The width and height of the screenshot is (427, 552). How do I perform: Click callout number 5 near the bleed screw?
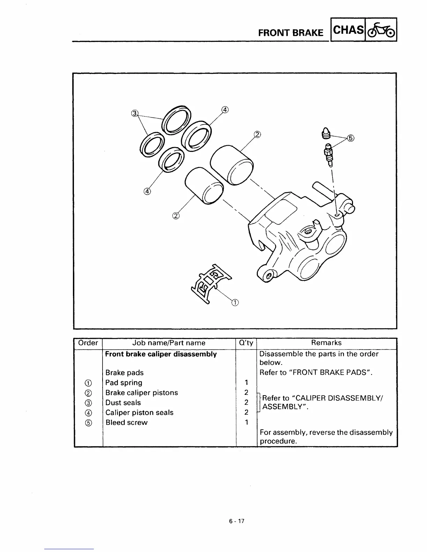coord(351,138)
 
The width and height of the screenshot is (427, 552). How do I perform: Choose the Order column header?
coord(88,343)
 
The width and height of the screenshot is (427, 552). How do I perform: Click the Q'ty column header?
coord(246,343)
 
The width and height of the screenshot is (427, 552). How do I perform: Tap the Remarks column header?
coord(327,343)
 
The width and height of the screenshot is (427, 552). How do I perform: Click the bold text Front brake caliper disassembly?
coord(161,354)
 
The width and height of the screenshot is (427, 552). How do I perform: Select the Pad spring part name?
coord(124,383)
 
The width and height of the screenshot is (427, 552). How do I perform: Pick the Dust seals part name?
coord(123,402)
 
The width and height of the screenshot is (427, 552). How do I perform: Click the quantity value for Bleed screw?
coord(246,422)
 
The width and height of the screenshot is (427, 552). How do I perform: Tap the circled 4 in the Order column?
coord(88,413)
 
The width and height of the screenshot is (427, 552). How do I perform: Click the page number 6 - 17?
coord(237,521)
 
